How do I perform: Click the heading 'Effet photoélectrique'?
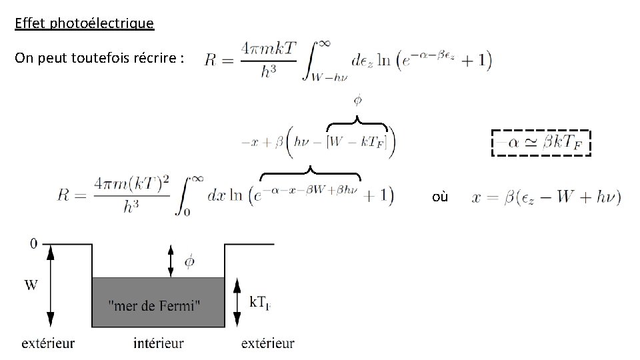(84, 24)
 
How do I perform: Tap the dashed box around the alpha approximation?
(541, 142)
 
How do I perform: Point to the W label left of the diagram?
(31, 285)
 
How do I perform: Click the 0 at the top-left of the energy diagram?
(34, 244)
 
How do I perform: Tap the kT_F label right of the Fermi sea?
(261, 302)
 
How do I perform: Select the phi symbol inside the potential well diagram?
(189, 261)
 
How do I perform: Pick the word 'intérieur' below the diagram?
(158, 344)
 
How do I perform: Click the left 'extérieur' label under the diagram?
(48, 344)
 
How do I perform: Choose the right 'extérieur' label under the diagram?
(267, 344)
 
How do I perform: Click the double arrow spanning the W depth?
(49, 285)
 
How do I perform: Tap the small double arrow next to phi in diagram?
(171, 261)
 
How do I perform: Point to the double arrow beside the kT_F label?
(236, 302)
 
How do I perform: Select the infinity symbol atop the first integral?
(323, 43)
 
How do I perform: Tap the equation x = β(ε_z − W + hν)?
(545, 197)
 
